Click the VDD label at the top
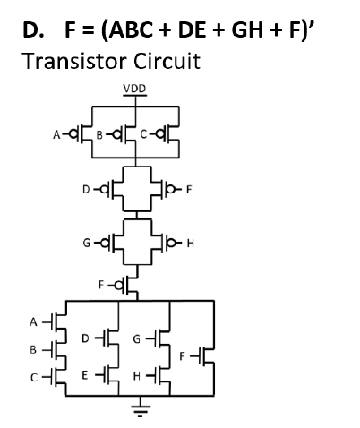point(135,88)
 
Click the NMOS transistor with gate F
point(205,355)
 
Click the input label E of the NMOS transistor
point(85,372)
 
